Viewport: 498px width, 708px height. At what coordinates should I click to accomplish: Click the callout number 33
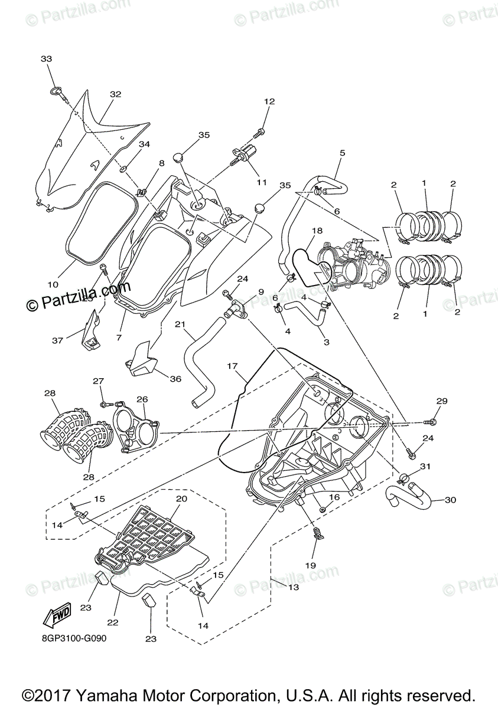(47, 59)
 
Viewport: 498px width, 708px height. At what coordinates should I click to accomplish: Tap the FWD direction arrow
(57, 616)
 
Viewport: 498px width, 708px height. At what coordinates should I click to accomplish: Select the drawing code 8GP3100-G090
(74, 638)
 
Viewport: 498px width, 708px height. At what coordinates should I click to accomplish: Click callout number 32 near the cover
(115, 94)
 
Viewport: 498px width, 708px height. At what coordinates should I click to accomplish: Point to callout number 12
(269, 101)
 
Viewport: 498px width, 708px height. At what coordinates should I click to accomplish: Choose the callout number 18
(317, 231)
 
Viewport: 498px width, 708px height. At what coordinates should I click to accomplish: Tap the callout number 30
(451, 500)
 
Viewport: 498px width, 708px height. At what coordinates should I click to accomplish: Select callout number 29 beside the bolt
(442, 401)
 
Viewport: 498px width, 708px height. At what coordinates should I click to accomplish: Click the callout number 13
(293, 588)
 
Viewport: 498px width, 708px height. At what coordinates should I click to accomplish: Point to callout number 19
(311, 565)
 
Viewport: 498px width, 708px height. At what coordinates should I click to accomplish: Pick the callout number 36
(175, 379)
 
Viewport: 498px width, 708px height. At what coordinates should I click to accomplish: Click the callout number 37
(57, 340)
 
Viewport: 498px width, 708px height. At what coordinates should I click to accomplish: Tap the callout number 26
(142, 399)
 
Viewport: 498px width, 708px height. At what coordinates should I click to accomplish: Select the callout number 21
(180, 324)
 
